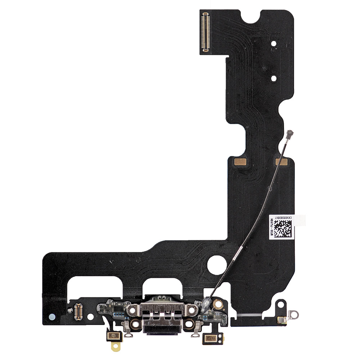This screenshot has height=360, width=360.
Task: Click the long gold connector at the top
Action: click(206, 32)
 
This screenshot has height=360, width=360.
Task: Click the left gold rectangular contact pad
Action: click(240, 162)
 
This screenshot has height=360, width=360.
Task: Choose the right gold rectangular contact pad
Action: click(281, 162)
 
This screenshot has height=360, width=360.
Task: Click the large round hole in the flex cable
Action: click(217, 265)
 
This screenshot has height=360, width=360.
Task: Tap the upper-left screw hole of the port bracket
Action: click(132, 309)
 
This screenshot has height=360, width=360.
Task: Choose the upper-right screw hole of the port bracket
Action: click(192, 309)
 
